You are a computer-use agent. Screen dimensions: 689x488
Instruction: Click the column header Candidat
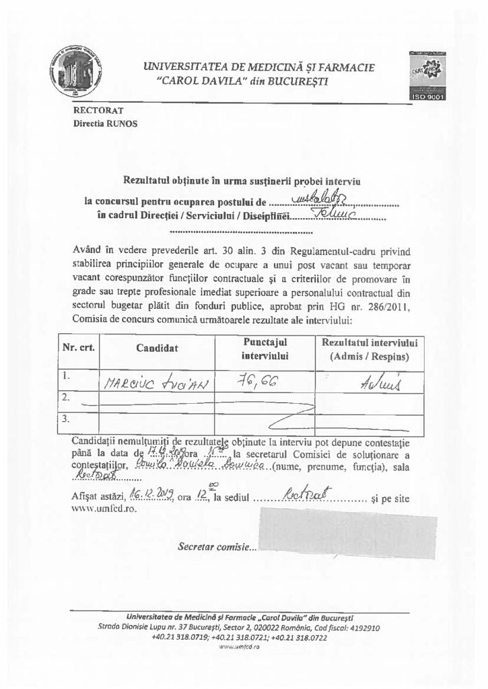(x=157, y=349)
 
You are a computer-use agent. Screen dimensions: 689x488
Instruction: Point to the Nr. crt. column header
(x=79, y=349)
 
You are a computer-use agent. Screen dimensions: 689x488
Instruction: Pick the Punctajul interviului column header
(x=265, y=349)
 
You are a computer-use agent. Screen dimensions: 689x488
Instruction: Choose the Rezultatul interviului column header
(x=370, y=349)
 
